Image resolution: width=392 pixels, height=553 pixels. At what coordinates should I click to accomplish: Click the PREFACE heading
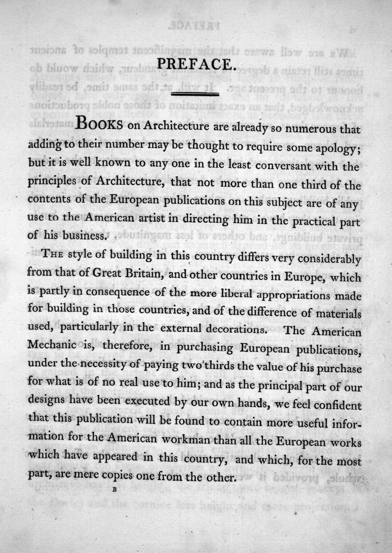coord(195,65)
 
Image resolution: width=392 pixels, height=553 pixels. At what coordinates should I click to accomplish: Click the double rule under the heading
coord(195,94)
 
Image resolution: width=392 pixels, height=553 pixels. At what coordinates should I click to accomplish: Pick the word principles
coord(52,182)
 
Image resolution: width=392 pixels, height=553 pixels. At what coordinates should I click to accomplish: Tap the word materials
coord(337,313)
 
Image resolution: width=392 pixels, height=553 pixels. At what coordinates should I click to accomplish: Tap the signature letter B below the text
coord(115,489)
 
